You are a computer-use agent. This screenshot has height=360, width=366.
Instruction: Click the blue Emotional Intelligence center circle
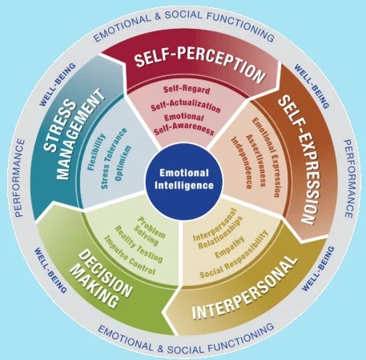183,179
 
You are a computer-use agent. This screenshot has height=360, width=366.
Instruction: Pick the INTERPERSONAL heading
244,287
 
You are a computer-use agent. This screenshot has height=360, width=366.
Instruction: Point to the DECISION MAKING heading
101,279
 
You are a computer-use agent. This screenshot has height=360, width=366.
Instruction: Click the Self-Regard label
187,90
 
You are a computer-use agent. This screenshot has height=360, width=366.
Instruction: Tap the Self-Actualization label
186,106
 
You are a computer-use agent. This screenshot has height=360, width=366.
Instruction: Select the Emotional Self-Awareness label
184,124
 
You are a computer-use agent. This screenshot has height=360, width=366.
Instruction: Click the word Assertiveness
256,161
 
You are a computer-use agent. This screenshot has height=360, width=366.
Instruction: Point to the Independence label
241,163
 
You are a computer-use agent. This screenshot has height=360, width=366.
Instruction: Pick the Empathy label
230,247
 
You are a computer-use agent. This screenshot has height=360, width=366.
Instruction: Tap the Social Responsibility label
234,254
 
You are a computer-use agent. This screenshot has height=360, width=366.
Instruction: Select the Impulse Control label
130,255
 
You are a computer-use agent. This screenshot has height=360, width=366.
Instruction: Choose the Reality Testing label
139,244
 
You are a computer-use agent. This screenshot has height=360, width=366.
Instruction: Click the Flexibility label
96,152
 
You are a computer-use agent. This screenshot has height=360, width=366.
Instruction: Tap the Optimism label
123,163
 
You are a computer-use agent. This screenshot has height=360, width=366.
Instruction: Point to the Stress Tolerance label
114,158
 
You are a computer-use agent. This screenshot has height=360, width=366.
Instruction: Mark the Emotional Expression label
266,158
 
